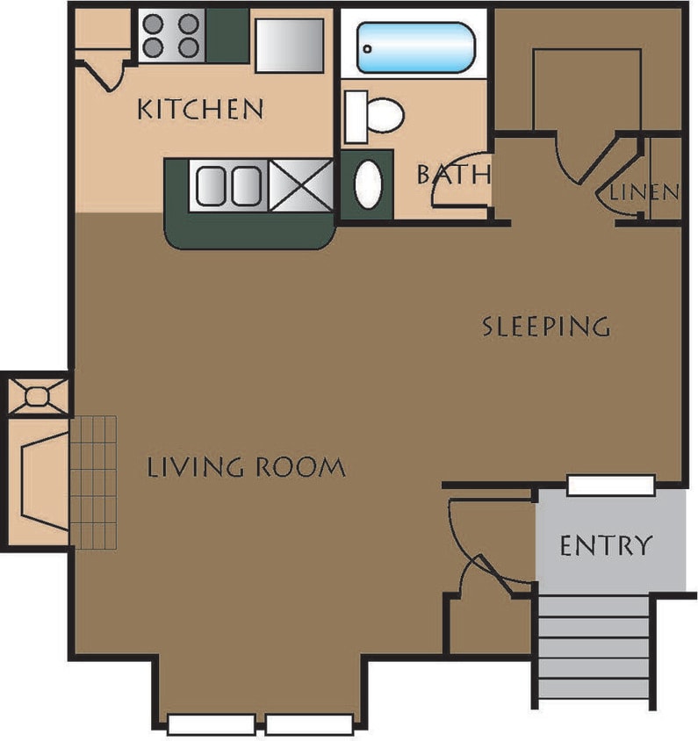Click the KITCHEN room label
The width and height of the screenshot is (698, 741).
click(201, 109)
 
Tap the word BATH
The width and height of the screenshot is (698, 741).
click(452, 174)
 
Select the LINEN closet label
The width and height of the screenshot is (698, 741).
click(644, 191)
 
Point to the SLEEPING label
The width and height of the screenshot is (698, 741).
click(546, 327)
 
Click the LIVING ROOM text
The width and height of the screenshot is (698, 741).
click(246, 467)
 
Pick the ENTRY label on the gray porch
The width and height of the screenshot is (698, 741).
click(606, 545)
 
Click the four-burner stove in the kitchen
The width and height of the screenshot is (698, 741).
click(170, 36)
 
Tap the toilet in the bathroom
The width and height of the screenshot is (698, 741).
click(376, 114)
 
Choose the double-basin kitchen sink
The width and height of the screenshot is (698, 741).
click(229, 186)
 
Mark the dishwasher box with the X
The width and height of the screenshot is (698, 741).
click(301, 186)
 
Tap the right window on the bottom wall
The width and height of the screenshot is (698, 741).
click(309, 724)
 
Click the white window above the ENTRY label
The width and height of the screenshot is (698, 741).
click(611, 485)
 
